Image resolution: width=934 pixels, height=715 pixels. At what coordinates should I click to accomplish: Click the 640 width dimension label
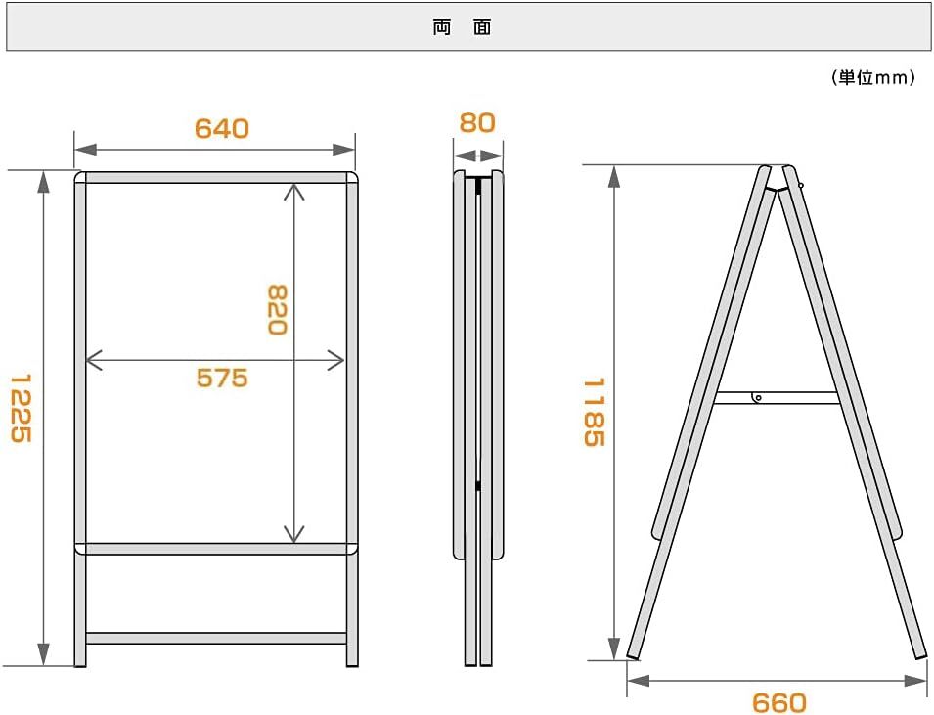pos(222,128)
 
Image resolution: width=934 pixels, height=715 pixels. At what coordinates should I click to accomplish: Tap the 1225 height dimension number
pos(21,409)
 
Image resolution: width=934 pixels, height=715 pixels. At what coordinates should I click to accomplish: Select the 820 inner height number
pos(277,310)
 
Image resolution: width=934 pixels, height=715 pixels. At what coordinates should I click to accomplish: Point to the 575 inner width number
pos(222,378)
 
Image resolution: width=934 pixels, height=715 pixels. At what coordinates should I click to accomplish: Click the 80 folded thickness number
pos(477,122)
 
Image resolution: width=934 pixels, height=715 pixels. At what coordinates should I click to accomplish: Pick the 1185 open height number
pos(594,413)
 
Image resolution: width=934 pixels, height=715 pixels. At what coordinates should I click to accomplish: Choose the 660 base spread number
pos(779,702)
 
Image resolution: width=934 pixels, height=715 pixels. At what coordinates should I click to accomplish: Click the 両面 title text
pos(463,28)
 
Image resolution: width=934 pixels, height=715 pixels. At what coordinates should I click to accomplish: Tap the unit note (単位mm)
pos(873,78)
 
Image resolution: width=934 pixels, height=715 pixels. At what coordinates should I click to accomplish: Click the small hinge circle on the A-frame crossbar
pos(758,397)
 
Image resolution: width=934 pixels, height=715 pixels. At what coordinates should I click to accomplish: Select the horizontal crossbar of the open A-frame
pos(777,398)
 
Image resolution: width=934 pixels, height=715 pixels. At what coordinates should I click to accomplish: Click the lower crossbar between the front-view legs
pos(216,638)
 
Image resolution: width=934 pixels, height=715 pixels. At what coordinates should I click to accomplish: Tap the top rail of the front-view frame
pos(216,178)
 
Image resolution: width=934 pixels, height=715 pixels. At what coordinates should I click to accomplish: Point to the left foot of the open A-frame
pos(633,654)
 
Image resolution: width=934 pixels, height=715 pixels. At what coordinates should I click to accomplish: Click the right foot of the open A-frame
pos(921,654)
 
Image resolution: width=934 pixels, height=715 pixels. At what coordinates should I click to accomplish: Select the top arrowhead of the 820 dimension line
pos(294,192)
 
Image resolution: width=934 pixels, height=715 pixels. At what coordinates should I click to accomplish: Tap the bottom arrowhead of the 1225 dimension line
pos(43,654)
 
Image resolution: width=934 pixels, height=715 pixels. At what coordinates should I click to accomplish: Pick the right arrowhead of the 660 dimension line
pos(915,680)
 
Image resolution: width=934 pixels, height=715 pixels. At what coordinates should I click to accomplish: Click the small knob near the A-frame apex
pos(801,186)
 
